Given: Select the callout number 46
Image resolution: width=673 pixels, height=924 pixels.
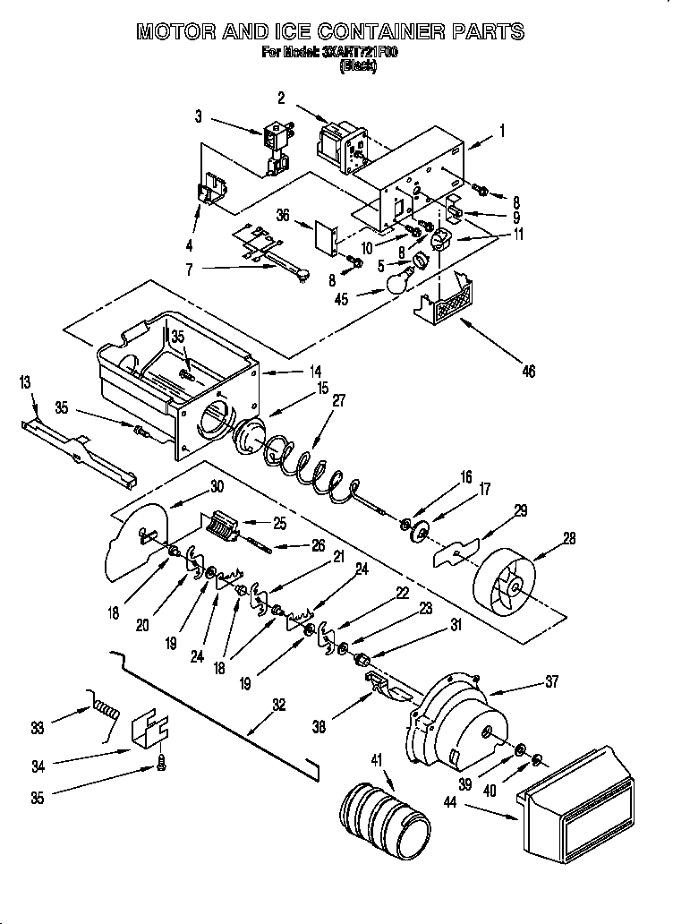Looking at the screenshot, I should (528, 371).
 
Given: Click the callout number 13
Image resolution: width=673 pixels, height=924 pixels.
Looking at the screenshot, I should (25, 382).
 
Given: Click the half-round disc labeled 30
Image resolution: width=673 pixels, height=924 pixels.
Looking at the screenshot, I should (136, 540).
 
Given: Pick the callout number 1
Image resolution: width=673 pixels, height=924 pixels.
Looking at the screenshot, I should (502, 131).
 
